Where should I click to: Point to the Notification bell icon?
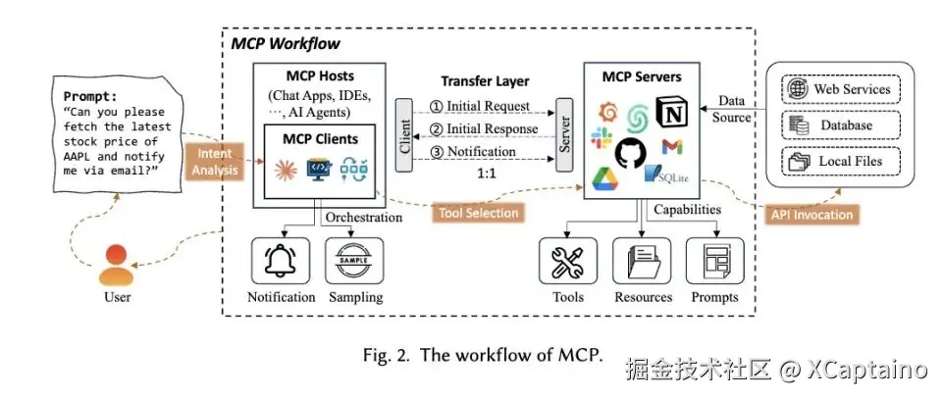click(x=281, y=262)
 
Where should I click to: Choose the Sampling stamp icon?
click(x=355, y=262)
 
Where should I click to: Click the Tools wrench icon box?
click(x=568, y=262)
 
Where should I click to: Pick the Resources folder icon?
click(x=643, y=262)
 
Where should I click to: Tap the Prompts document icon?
click(x=714, y=262)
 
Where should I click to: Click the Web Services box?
click(x=840, y=89)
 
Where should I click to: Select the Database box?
click(x=840, y=125)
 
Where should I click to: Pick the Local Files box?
click(x=840, y=161)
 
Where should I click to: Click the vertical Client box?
click(x=403, y=135)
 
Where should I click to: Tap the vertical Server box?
click(x=563, y=135)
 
